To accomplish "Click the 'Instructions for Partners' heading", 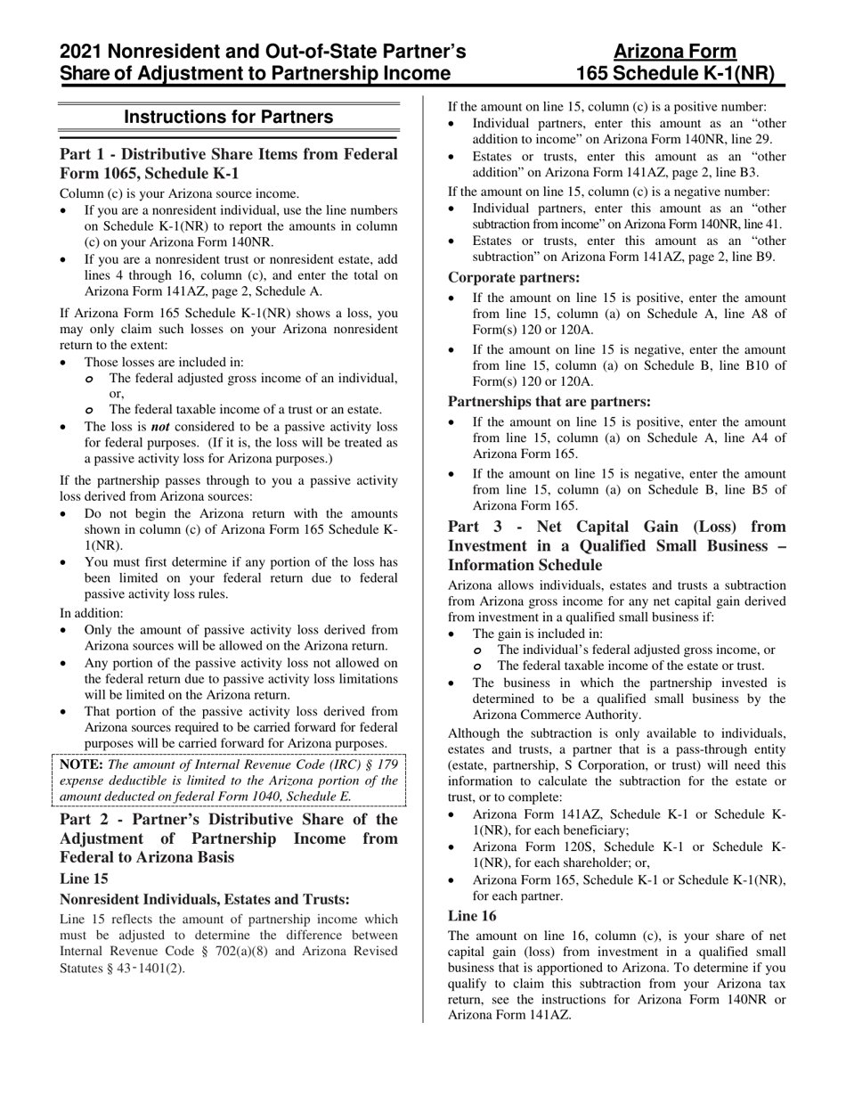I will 229,117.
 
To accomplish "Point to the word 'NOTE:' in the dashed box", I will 82,765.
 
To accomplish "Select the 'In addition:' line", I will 92,613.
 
